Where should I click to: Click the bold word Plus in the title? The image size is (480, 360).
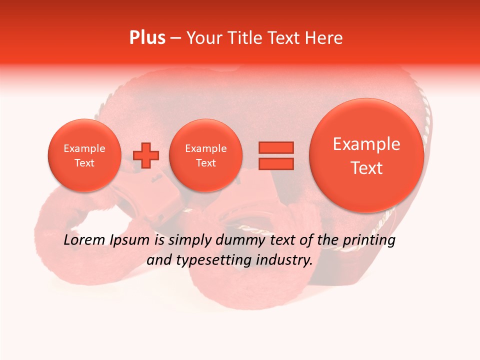pos(147,38)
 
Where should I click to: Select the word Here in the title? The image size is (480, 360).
pos(324,38)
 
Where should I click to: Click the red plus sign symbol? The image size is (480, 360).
pos(146,155)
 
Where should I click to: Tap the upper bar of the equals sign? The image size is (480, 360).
pos(275,147)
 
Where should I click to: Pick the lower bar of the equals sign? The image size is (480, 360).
pos(275,163)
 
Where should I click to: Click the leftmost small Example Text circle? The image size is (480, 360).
pos(84,155)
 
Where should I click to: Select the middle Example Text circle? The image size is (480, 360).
pos(205,155)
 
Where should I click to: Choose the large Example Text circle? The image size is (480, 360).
pos(366,155)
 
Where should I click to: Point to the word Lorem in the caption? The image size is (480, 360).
pos(85,240)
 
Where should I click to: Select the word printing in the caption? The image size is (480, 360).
pos(368,240)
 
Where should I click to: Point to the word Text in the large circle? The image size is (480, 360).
pos(366,168)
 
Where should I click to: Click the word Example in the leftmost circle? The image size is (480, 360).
pos(84,148)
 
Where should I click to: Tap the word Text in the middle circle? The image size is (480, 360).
pos(205,163)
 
